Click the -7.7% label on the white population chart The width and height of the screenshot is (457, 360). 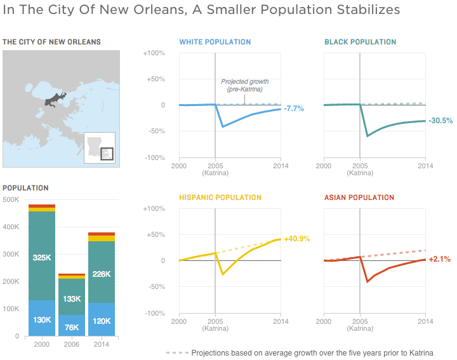[x=294, y=109]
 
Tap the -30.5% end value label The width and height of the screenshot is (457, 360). [x=440, y=121]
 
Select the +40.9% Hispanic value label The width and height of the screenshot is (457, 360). [x=296, y=239]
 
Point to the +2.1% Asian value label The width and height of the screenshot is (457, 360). [x=439, y=259]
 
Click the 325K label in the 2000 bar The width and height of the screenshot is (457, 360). [x=41, y=258]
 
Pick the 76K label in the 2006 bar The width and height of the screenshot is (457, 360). [x=72, y=328]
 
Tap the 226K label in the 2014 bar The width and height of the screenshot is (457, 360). [x=102, y=274]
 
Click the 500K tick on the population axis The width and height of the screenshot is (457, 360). [x=11, y=199]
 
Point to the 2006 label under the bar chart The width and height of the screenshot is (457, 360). [x=72, y=344]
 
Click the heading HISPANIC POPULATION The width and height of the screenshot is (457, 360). [x=220, y=197]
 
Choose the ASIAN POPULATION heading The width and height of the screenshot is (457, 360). [x=359, y=197]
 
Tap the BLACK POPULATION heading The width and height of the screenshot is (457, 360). [x=360, y=42]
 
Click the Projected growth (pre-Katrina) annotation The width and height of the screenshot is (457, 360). [x=244, y=86]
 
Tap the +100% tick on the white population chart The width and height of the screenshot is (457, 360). [x=155, y=53]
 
